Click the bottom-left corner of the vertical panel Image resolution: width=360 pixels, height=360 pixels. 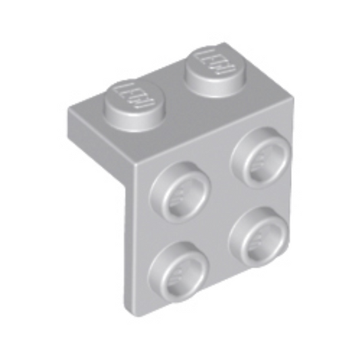(131, 308)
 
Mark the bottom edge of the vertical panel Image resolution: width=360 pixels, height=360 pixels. (209, 286)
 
